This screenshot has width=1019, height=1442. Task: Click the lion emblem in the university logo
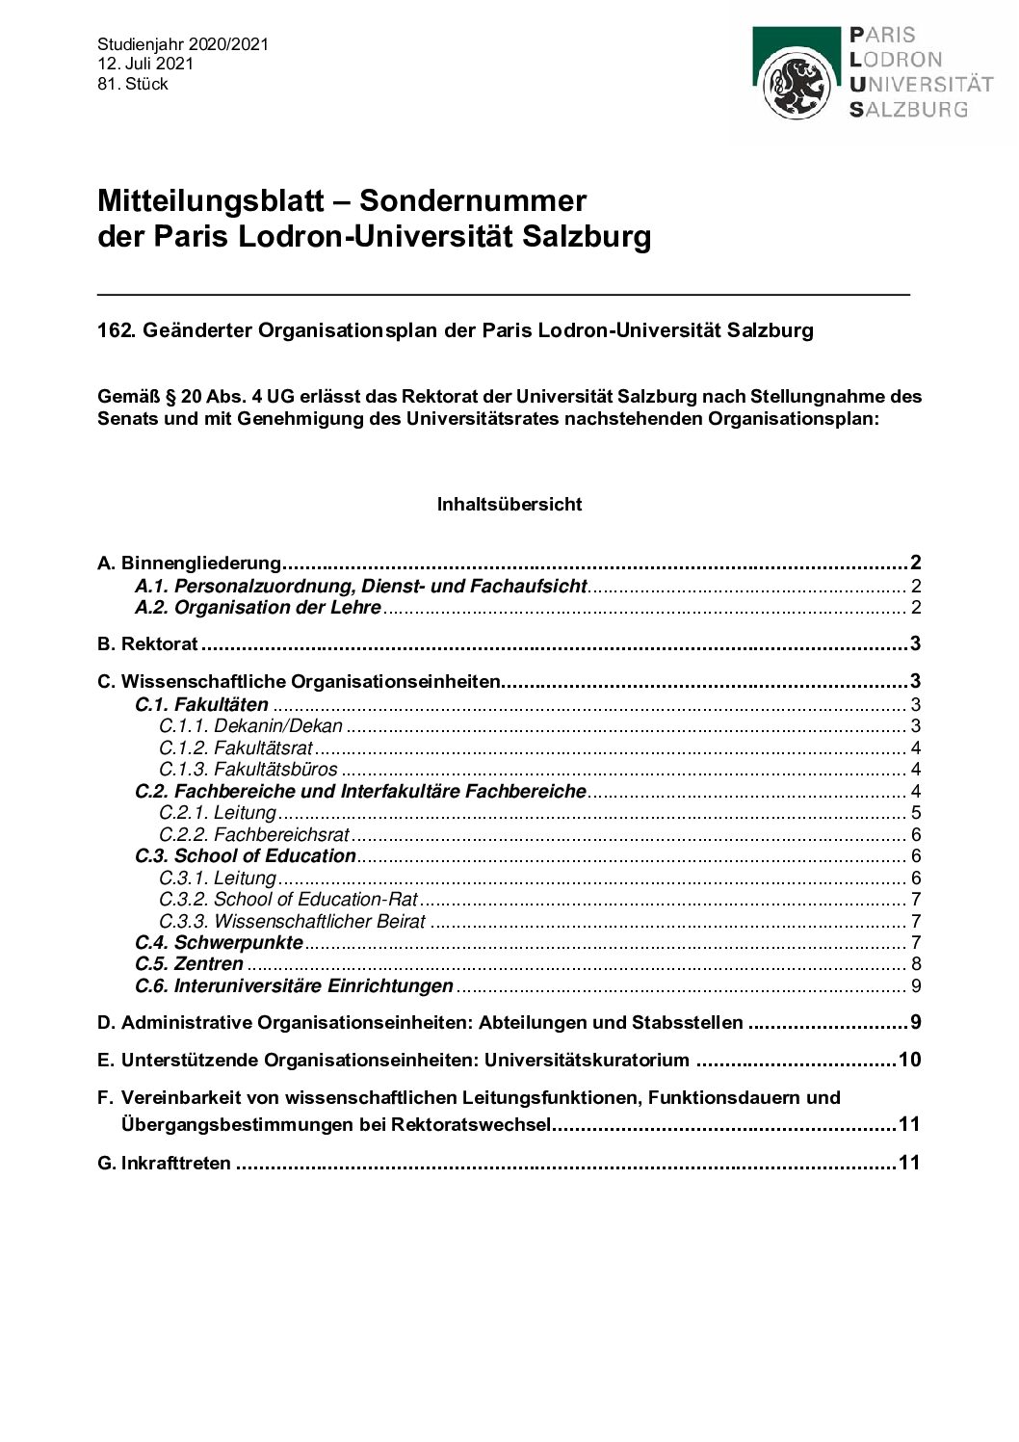point(796,85)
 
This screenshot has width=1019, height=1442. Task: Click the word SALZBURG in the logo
point(908,110)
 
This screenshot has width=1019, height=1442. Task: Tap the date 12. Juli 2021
point(145,65)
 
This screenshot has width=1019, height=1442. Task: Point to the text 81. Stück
point(133,85)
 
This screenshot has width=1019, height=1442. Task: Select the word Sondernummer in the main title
point(473,200)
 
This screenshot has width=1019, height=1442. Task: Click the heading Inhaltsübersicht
point(509,504)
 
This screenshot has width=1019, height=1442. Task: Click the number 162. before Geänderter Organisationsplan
point(118,330)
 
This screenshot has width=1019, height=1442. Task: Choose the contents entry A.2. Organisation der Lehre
point(258,608)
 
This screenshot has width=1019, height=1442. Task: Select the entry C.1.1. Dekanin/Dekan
point(250,726)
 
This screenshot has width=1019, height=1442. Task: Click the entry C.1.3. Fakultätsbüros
point(248,770)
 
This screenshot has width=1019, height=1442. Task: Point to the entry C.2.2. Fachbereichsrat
point(254,834)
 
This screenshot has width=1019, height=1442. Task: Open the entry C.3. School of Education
point(246,856)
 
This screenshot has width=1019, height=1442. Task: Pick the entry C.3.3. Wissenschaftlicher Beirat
point(292,921)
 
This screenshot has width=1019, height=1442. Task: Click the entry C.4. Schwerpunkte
point(219,943)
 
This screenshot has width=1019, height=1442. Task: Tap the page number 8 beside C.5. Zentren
point(916,964)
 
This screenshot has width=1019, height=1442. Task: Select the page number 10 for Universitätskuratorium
point(909,1061)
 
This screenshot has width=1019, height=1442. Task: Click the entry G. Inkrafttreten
point(165,1164)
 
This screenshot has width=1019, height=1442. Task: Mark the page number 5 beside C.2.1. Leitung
point(916,813)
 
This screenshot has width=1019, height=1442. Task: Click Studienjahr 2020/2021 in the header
point(183,44)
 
